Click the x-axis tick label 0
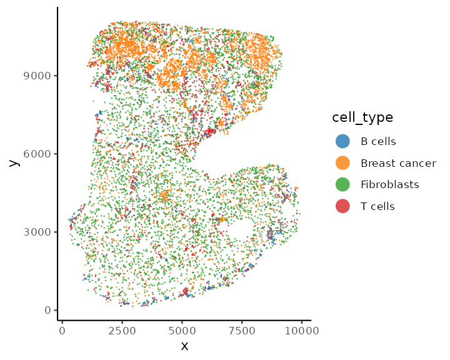pyautogui.click(x=62, y=331)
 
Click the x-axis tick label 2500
pyautogui.click(x=122, y=331)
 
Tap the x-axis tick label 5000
pyautogui.click(x=182, y=331)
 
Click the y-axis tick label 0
pyautogui.click(x=47, y=310)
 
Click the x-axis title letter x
pyautogui.click(x=184, y=346)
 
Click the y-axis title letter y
pyautogui.click(x=13, y=161)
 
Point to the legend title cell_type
pyautogui.click(x=362, y=117)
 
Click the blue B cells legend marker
pyautogui.click(x=342, y=141)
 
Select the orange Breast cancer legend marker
pyautogui.click(x=342, y=163)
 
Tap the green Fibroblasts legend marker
pyautogui.click(x=342, y=184)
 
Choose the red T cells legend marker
pyautogui.click(x=342, y=206)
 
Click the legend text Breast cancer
pyautogui.click(x=398, y=163)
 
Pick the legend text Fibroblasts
pyautogui.click(x=390, y=184)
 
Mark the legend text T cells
pyautogui.click(x=377, y=206)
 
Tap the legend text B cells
pyautogui.click(x=378, y=141)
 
